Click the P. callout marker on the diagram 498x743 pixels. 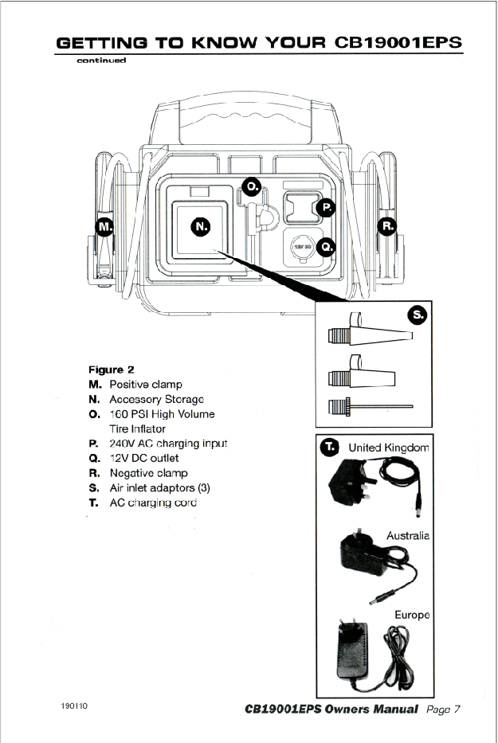pos(326,208)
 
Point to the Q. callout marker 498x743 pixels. pos(326,247)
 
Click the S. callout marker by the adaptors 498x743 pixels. pos(417,315)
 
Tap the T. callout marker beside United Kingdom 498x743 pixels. pos(329,447)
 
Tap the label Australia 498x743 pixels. pos(408,536)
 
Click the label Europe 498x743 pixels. pos(412,615)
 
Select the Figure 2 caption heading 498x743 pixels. pos(111,370)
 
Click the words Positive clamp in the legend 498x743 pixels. pos(145,385)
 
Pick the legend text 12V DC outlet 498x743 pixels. pos(143,458)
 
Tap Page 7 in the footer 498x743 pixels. pos(444,709)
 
